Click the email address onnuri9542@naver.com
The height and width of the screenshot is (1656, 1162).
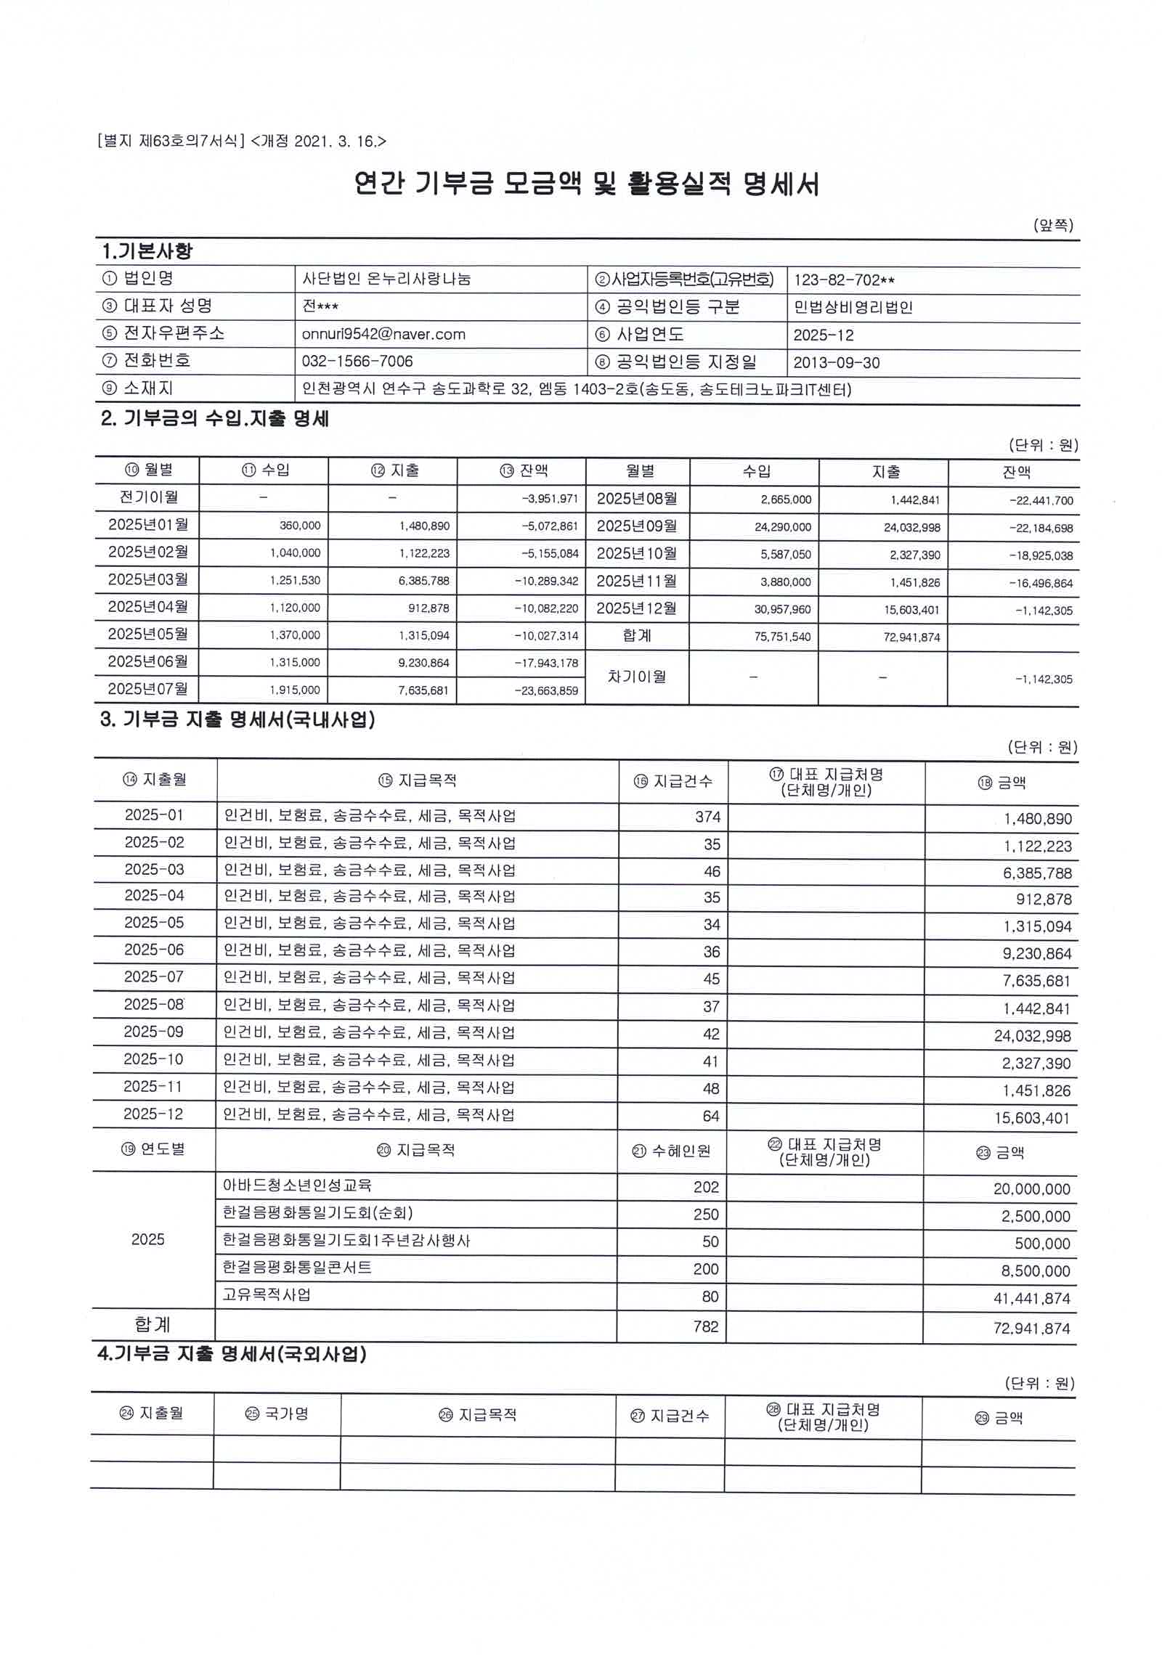pos(383,335)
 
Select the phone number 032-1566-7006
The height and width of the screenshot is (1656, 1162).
pos(357,362)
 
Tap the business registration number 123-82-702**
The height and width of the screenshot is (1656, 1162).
pos(844,280)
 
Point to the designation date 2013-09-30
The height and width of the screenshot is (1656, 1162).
pos(836,363)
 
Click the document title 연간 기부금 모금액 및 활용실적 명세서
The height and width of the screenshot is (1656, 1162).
pos(587,184)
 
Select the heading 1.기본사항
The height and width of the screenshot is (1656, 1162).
pos(147,252)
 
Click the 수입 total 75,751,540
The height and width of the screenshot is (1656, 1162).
pos(782,637)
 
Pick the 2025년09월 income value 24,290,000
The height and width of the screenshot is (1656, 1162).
pos(782,528)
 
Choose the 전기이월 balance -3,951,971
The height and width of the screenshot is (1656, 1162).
pos(549,499)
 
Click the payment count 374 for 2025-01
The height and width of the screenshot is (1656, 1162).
pos(707,817)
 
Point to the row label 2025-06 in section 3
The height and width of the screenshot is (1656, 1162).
pos(154,950)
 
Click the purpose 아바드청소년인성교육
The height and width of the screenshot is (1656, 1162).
pos(297,1186)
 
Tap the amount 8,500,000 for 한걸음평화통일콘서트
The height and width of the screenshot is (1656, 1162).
pos(1036,1271)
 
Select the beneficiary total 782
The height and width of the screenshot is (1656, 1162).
pos(705,1327)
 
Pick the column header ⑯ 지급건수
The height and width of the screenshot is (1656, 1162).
pos(673,782)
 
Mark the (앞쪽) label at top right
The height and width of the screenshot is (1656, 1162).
pos(1053,226)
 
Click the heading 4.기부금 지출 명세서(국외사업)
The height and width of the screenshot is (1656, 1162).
pos(232,1354)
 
